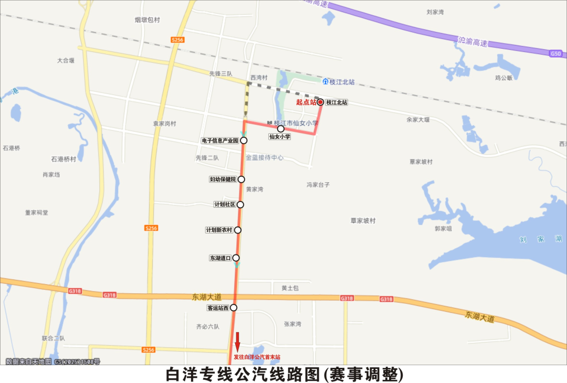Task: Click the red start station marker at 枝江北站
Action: [x=320, y=102]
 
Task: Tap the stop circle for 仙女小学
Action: [x=280, y=129]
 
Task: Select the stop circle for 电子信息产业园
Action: [x=244, y=141]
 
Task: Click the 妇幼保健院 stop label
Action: [x=223, y=179]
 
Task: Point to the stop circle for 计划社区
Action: [x=240, y=205]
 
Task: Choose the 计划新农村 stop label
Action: [x=219, y=230]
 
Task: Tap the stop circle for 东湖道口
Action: [x=236, y=258]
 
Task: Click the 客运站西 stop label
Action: [x=218, y=308]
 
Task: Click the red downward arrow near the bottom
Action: [x=237, y=341]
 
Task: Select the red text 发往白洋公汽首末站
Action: [x=257, y=357]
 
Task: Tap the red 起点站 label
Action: [x=306, y=102]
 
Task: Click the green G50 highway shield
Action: [x=555, y=54]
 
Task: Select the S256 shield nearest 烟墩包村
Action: [x=178, y=40]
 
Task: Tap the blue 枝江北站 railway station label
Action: [x=342, y=82]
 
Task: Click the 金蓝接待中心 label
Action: [x=265, y=157]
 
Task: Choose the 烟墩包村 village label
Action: [x=147, y=20]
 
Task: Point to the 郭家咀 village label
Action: [x=443, y=229]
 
